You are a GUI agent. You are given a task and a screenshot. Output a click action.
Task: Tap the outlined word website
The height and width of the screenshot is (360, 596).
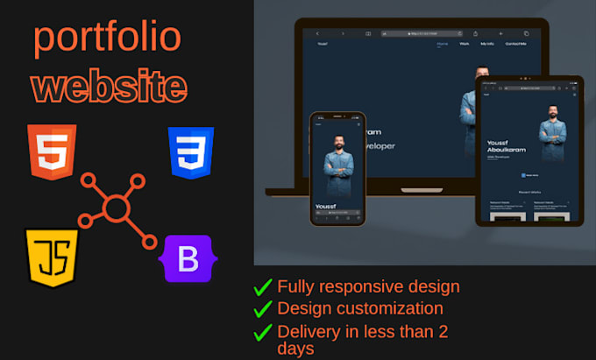109,87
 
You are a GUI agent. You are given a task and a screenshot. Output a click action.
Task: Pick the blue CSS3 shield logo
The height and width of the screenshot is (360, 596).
191,152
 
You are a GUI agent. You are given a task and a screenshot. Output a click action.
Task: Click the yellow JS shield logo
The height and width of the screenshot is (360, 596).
52,256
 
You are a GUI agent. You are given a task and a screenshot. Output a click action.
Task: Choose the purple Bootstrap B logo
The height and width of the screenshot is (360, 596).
188,259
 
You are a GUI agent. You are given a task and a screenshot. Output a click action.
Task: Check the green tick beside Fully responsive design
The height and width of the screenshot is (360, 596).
262,287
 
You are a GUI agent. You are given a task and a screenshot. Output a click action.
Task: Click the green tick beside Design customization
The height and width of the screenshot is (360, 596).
262,308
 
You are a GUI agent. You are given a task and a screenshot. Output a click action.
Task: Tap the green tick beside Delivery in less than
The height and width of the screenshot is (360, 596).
262,331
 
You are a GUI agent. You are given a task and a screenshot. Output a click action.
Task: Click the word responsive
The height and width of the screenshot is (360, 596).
358,286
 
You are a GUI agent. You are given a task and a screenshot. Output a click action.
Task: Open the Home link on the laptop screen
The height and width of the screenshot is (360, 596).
442,43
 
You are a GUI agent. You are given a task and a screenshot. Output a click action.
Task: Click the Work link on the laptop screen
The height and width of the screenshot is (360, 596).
464,43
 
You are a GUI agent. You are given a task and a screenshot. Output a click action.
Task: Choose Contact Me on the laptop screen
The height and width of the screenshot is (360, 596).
515,43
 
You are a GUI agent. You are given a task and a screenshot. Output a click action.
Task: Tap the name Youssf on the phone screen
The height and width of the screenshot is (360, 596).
326,207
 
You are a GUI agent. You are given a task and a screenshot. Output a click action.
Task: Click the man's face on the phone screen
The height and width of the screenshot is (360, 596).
338,139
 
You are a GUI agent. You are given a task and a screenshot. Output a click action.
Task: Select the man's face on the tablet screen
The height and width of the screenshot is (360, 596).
552,114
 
